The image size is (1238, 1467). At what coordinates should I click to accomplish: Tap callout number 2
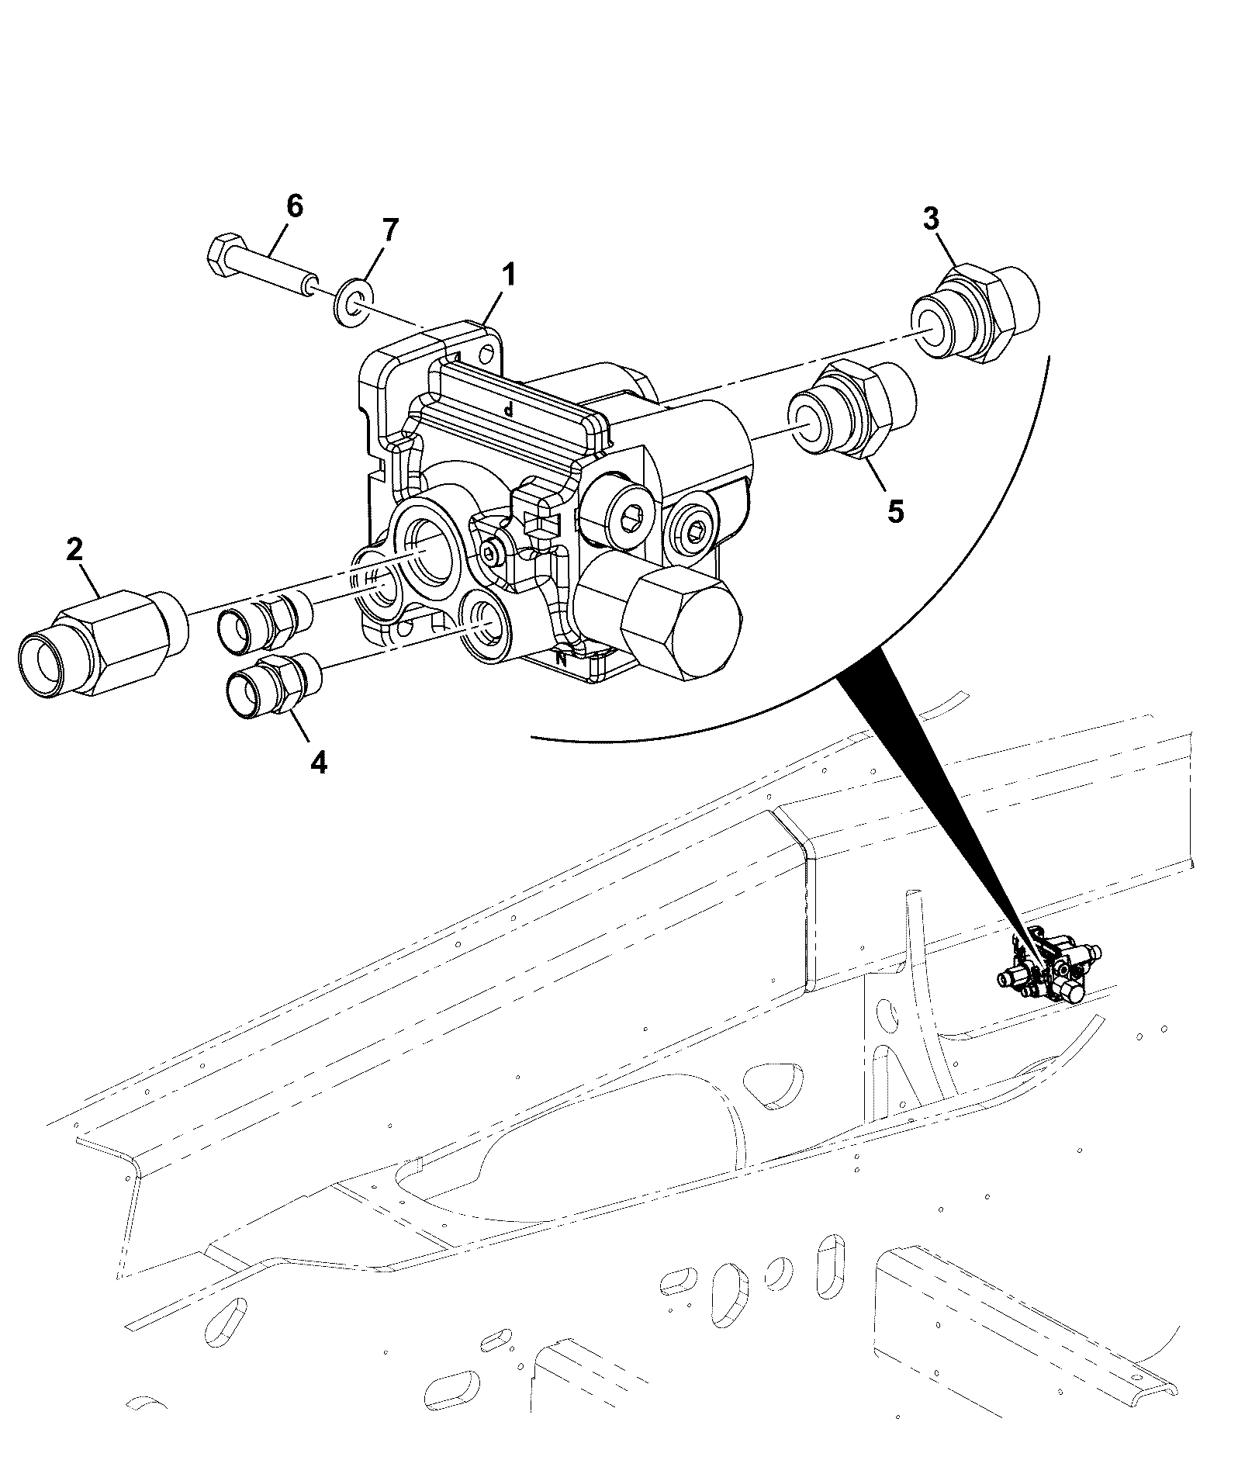point(74,550)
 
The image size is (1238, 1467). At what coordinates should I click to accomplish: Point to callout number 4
point(318,763)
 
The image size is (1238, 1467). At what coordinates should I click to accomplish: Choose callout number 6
point(295,206)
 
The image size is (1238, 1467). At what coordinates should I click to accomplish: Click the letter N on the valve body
point(562,660)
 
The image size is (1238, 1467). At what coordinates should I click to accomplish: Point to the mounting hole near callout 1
point(487,356)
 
